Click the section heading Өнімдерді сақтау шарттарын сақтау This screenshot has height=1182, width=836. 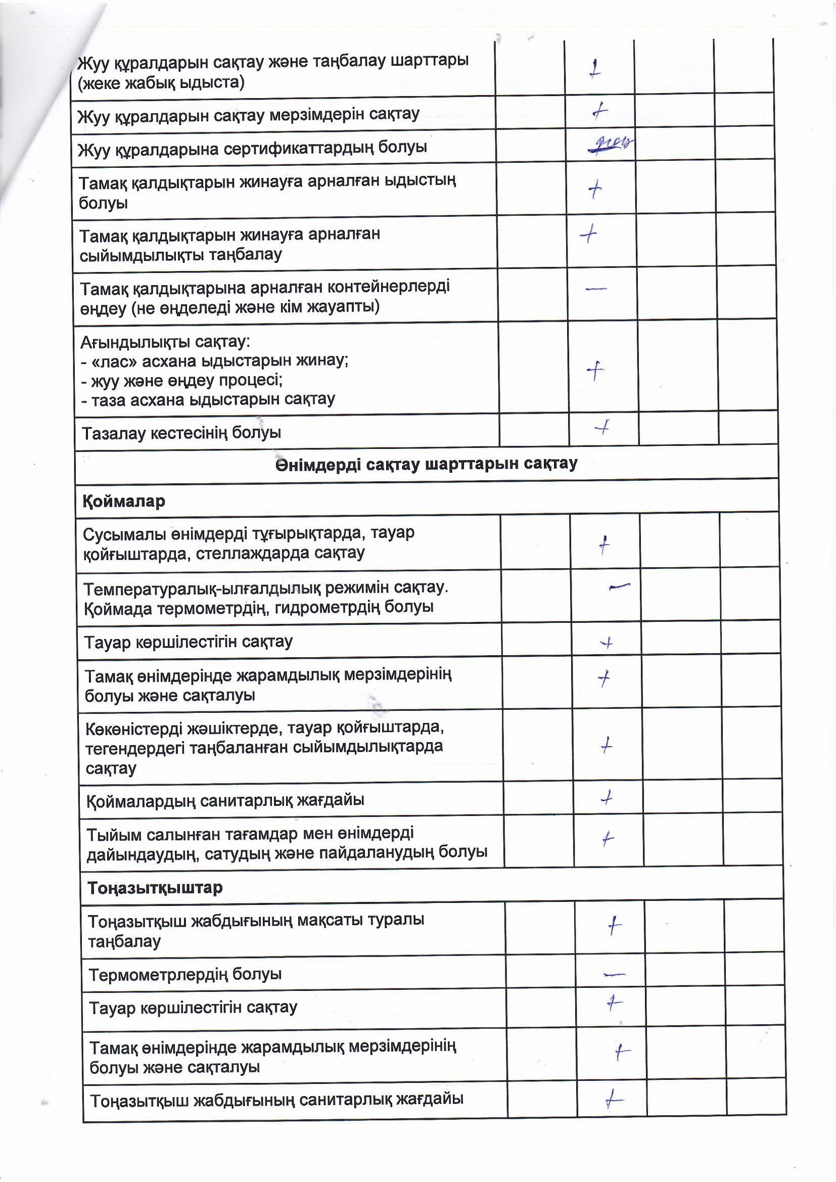[x=426, y=464]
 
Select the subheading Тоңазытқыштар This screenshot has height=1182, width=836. [x=155, y=888]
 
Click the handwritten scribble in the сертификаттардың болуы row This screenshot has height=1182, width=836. [x=611, y=144]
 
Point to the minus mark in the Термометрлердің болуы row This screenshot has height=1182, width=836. [x=614, y=974]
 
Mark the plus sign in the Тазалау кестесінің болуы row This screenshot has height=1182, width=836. [x=602, y=427]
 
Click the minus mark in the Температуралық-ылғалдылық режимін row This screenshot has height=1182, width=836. [x=619, y=586]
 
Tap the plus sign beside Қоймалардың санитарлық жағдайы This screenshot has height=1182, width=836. [x=607, y=798]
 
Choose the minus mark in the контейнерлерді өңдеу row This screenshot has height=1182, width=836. [x=596, y=289]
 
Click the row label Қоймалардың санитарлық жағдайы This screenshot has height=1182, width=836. [x=225, y=800]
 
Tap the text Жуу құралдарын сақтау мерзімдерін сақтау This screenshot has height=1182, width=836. [x=248, y=115]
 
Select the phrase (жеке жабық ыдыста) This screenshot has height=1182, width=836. [x=161, y=83]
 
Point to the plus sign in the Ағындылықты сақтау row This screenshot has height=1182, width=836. [x=595, y=370]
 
